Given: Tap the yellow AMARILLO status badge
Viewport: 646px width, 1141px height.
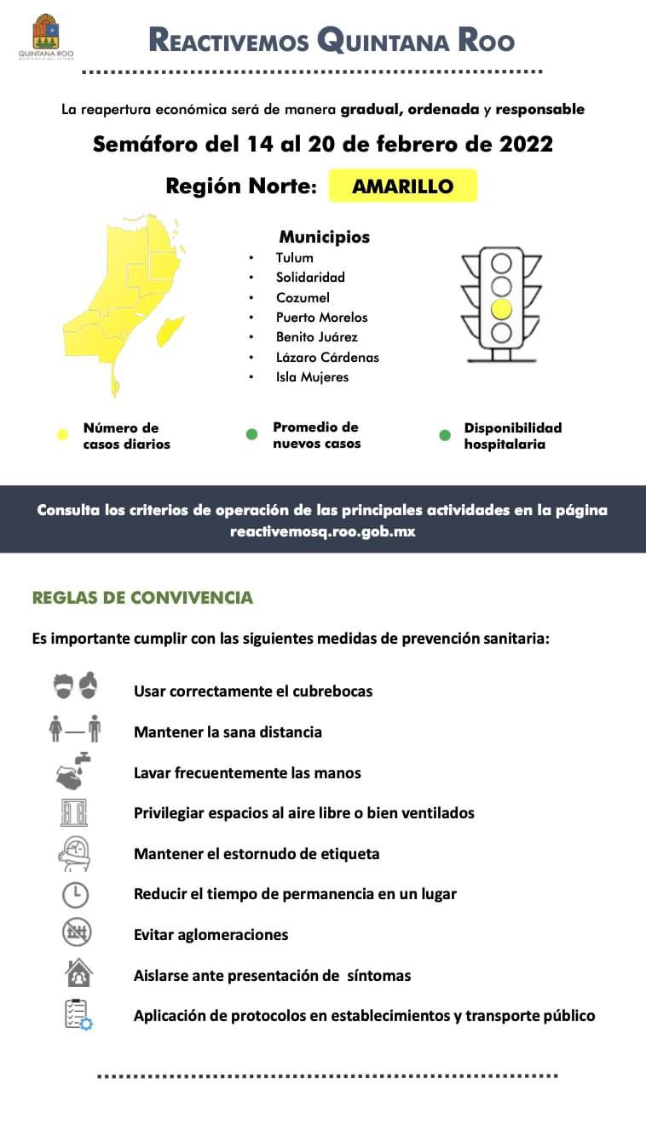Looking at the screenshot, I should (402, 186).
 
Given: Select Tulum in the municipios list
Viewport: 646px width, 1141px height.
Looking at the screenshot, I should (294, 257).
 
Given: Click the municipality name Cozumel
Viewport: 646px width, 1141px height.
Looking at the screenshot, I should (302, 297).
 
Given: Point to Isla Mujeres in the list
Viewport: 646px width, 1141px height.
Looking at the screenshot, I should (312, 376).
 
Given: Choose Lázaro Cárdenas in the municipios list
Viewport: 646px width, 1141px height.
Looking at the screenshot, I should (327, 357).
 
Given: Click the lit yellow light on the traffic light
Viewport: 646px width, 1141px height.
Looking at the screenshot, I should (501, 308).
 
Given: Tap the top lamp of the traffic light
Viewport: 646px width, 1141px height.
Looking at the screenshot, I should (501, 262).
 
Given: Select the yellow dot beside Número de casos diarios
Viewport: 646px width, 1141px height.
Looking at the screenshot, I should (62, 435).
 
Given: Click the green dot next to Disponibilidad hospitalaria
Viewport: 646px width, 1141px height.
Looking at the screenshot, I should (444, 435).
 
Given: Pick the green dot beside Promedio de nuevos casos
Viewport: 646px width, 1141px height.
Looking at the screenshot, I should (251, 434).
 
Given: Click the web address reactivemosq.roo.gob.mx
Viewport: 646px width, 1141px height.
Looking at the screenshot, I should (322, 530).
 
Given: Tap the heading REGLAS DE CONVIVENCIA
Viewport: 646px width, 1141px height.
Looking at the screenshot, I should (142, 598).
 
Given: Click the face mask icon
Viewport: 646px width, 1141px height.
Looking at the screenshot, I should (75, 687).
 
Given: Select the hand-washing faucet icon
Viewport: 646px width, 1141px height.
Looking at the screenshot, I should (73, 770).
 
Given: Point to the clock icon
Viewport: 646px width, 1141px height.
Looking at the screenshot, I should (75, 894).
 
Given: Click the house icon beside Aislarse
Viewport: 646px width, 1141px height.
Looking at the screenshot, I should (78, 972).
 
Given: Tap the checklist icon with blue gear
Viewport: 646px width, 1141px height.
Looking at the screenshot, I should (78, 1014).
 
